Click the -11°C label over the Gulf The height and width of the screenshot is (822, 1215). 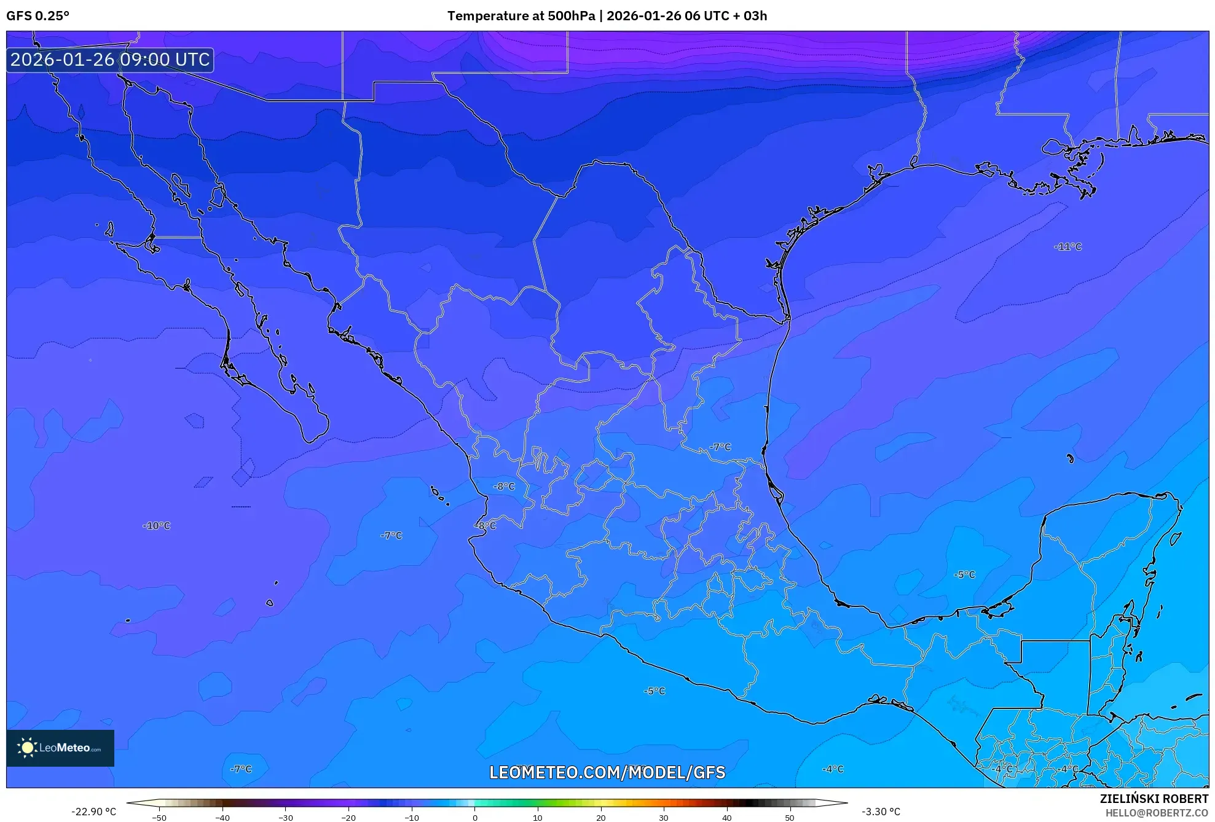(1068, 246)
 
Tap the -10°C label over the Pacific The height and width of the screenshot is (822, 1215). (156, 525)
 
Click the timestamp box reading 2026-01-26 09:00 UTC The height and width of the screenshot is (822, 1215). (110, 60)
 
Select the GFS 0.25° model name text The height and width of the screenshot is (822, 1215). (37, 16)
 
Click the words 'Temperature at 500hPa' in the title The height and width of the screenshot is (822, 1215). (520, 16)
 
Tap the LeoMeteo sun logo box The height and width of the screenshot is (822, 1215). (60, 748)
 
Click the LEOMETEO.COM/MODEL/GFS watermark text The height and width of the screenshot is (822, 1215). (607, 772)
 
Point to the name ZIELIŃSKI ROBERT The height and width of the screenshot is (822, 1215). (1154, 799)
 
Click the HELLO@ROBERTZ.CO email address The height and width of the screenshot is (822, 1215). (1157, 813)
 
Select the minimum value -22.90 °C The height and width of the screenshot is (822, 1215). (93, 812)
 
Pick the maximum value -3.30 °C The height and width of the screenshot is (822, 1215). (881, 812)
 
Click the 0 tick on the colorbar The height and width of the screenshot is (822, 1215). (474, 818)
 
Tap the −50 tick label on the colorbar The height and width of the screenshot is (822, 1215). (159, 818)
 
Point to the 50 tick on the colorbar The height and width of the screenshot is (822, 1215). (790, 818)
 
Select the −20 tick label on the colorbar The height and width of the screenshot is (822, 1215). (348, 818)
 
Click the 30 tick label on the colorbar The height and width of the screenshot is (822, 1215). (664, 818)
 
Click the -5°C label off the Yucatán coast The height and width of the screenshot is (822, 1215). (964, 574)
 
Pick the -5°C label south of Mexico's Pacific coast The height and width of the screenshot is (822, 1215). (655, 691)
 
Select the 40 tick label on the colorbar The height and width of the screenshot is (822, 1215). (726, 818)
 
